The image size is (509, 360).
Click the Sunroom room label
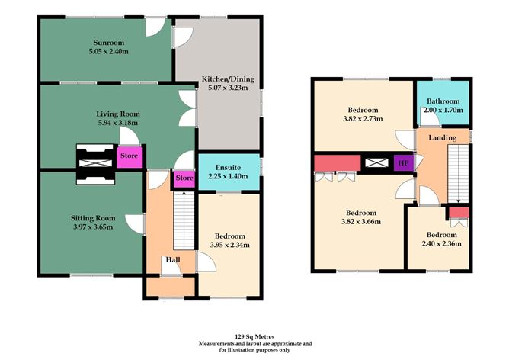pos(106,43)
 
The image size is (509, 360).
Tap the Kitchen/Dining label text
pos(228,79)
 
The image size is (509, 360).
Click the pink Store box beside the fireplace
pos(127,158)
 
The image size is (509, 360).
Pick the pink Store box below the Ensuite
pos(184,178)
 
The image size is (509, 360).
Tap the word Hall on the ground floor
pos(171,260)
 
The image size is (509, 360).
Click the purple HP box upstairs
pos(402,162)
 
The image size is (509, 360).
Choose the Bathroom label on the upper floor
pos(443,101)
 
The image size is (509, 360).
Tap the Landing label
pos(442,138)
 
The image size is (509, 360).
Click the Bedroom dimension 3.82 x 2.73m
pos(362,119)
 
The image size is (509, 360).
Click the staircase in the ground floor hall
pos(182,220)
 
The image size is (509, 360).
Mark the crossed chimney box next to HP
pos(376,162)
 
